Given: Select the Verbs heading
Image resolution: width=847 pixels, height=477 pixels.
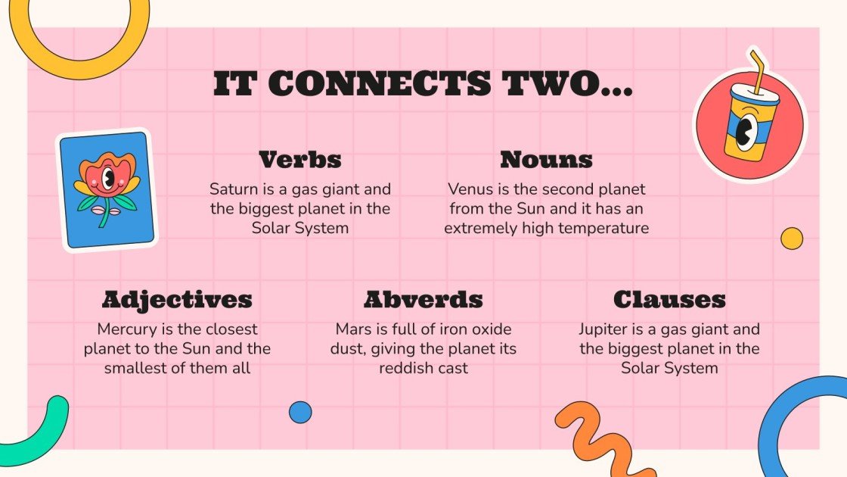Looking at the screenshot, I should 299,160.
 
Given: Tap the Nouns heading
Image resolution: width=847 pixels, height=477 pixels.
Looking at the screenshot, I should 546,160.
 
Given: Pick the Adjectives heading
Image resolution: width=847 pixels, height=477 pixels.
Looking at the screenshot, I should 176,300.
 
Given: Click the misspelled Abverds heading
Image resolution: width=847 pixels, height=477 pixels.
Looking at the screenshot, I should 423,300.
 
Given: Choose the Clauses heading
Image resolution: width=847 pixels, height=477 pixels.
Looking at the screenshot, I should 669,300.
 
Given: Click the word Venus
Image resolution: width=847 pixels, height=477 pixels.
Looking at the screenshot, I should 470,189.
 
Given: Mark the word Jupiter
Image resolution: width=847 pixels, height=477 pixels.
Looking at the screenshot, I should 604,329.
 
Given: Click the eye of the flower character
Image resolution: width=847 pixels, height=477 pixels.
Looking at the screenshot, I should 109,180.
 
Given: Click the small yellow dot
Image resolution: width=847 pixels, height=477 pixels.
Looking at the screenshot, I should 791,238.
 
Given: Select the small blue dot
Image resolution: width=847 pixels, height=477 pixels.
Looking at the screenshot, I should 300,412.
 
